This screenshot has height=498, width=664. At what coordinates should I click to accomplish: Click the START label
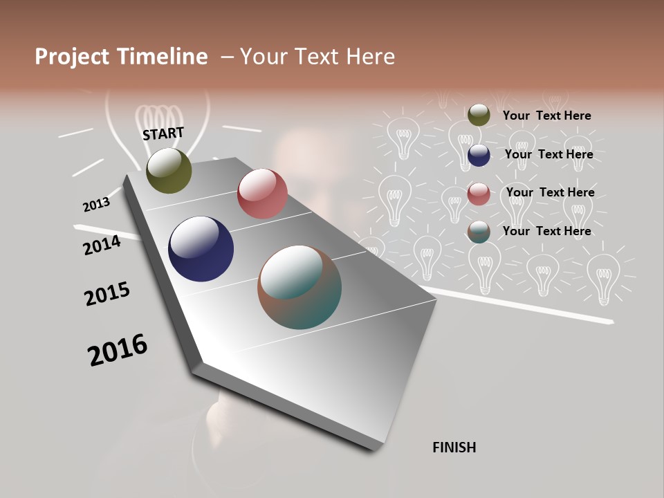click(163, 133)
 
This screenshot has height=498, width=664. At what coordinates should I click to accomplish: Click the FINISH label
click(454, 448)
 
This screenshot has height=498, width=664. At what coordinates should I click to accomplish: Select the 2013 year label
click(96, 205)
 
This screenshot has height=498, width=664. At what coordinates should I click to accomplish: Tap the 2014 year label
click(102, 245)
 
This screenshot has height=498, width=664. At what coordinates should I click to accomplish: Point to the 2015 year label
click(107, 294)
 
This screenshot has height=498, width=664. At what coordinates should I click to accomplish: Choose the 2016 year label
click(118, 350)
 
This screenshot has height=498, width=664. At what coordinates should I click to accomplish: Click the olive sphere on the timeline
click(169, 171)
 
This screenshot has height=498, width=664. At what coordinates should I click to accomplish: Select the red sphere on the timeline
click(262, 194)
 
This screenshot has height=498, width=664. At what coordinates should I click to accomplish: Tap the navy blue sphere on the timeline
click(201, 249)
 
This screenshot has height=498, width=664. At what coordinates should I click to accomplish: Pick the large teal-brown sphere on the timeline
click(299, 287)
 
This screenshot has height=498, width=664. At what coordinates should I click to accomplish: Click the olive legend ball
click(479, 115)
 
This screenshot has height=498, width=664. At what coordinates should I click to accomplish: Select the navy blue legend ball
click(479, 155)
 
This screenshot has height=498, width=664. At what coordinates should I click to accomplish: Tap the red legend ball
click(479, 194)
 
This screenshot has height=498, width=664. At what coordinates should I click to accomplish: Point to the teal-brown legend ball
click(479, 232)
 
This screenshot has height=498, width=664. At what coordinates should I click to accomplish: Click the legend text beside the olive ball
click(546, 116)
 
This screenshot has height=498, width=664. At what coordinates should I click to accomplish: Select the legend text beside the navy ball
click(548, 154)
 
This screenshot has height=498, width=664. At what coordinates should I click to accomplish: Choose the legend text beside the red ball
click(550, 192)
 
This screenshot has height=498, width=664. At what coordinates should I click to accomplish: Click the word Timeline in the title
click(163, 57)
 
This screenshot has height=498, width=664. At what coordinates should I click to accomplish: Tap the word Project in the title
click(73, 57)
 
